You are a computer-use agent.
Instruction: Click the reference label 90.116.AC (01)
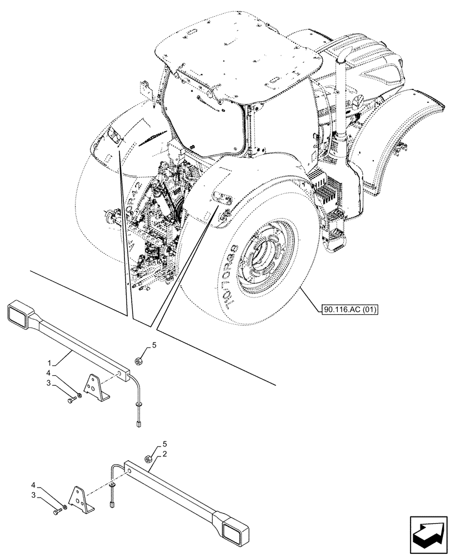pyautogui.click(x=349, y=309)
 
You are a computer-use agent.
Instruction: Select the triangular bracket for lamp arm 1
pyautogui.click(x=96, y=386)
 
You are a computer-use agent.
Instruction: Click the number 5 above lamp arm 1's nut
pyautogui.click(x=154, y=345)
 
